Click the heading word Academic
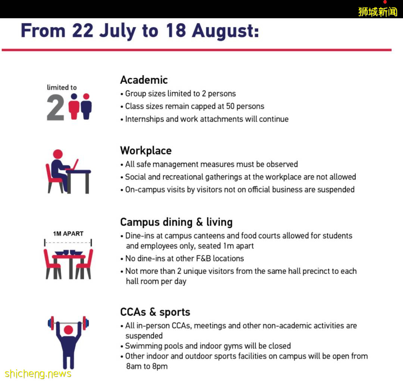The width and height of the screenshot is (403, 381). [x=144, y=80]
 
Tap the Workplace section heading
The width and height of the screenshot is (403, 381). [x=146, y=151]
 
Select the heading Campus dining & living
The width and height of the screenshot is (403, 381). [x=176, y=222]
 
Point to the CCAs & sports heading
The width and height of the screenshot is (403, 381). [x=155, y=312]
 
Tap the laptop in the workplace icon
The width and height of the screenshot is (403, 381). [x=74, y=165]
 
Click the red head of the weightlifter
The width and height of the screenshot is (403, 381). [x=68, y=330]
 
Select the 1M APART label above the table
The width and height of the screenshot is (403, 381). [x=68, y=234]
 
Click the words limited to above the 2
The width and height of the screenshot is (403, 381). [x=62, y=88]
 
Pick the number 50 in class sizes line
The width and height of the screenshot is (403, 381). [x=230, y=106]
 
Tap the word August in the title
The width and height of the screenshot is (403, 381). [x=225, y=31]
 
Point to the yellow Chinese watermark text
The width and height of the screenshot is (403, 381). [x=377, y=12]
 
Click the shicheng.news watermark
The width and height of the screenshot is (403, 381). [x=38, y=374]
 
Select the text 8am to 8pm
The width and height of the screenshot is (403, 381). [x=147, y=366]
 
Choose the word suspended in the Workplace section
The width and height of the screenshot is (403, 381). [x=336, y=190]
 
